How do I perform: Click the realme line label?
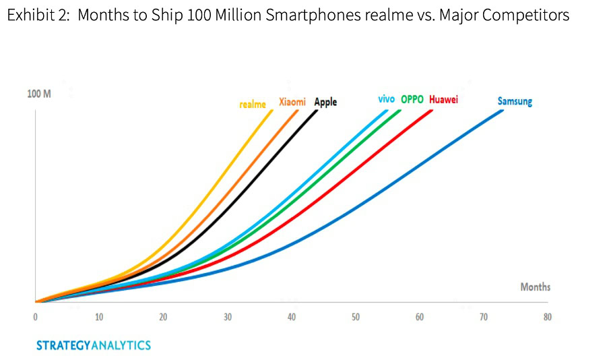(253, 104)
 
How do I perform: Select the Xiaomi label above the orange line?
(292, 102)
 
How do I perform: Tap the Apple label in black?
(325, 102)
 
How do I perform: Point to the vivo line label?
(386, 99)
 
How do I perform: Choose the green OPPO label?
(412, 99)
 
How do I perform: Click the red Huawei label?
(443, 100)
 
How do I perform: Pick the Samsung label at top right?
(515, 102)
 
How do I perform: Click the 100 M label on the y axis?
(39, 93)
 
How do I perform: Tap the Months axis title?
(535, 287)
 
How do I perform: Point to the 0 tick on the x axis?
(34, 317)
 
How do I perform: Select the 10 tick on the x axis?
(99, 317)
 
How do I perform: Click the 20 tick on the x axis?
(163, 317)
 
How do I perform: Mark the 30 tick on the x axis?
(227, 317)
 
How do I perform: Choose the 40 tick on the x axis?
(291, 317)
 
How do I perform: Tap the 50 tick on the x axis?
(355, 317)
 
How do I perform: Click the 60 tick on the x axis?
(419, 317)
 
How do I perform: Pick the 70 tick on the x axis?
(483, 317)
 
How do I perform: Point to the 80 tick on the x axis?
(547, 317)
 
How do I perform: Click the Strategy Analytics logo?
(94, 345)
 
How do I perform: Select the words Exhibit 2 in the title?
(37, 15)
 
